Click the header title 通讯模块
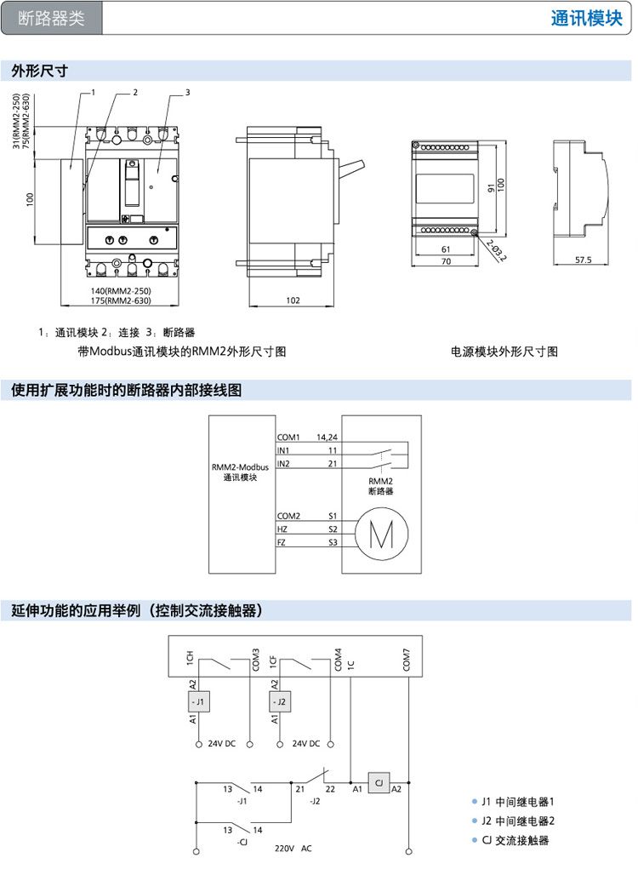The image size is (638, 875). pos(586,19)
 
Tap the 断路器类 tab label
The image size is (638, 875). pos(51,19)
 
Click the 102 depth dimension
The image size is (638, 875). pos(293,300)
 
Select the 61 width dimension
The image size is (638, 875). pos(446,249)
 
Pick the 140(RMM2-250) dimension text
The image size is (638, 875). pos(121,291)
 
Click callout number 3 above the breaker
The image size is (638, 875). pos(187,92)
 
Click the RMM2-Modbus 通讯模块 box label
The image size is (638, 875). pos(241,472)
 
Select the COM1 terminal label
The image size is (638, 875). pos(288,437)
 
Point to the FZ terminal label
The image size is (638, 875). pos(282,542)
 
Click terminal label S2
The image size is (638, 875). pos(333,529)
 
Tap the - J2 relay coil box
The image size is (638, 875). pos(281,702)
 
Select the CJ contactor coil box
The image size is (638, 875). pos(379,781)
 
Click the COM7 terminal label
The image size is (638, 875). pos(407,660)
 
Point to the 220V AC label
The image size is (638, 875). pos(293,849)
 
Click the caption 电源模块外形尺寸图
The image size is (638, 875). pos(504,352)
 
